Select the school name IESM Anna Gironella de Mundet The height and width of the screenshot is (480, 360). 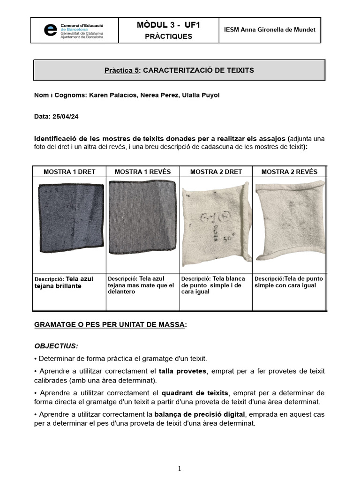point(270,30)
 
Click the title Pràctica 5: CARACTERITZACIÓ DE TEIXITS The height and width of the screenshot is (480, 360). point(179,70)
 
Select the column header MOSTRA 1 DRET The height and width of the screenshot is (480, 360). point(69,172)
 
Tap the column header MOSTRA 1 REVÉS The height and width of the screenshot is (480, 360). point(142,172)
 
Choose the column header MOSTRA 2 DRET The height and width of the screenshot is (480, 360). point(216,172)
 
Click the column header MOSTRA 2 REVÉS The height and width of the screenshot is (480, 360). point(289,172)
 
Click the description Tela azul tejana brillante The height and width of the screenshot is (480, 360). point(64,282)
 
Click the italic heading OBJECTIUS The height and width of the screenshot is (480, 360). point(56,346)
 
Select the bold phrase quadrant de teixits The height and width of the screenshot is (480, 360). point(195,393)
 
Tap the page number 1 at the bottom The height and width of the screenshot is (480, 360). point(180,468)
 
